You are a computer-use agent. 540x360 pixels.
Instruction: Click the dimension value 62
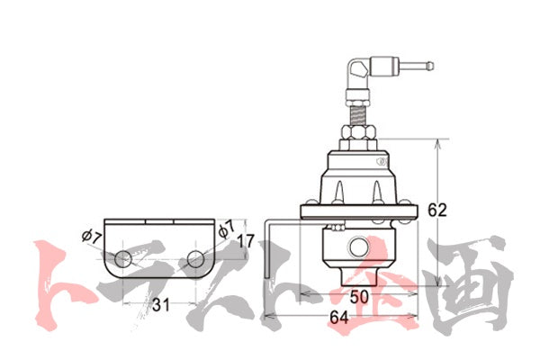click(x=437, y=210)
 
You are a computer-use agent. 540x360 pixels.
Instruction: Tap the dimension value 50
click(x=359, y=297)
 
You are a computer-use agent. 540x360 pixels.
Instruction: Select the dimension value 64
click(x=339, y=318)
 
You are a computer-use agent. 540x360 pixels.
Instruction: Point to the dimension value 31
click(x=161, y=305)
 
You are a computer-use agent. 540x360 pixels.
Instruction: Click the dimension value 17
click(x=246, y=241)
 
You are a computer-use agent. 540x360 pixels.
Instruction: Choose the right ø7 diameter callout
click(x=226, y=229)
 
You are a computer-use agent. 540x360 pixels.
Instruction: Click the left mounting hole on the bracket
click(x=123, y=259)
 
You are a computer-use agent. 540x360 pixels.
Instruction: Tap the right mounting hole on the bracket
click(x=195, y=259)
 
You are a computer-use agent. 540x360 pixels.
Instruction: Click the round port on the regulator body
click(x=358, y=247)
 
